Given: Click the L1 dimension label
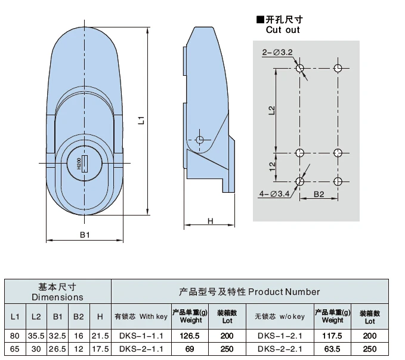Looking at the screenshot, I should tap(141, 120).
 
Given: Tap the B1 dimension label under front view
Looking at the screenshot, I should tap(85, 235).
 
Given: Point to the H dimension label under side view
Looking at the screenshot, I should tap(210, 221).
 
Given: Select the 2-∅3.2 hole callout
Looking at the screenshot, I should tap(277, 53).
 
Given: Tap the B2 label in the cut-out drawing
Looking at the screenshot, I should tap(319, 194).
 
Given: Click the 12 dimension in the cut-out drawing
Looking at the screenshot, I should tap(271, 167).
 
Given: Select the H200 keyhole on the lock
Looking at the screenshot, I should tap(83, 163).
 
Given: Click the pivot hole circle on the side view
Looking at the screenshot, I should tap(200, 140).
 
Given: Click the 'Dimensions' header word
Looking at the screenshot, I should tap(57, 297).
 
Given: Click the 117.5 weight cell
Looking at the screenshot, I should tap(332, 336).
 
